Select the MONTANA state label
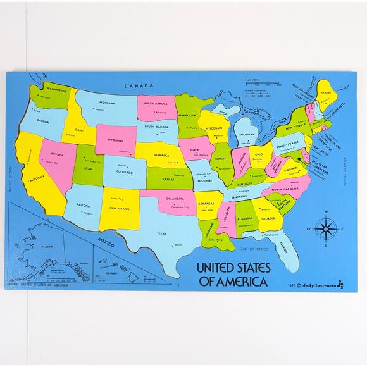coord(106,103)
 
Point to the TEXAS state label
coord(161,233)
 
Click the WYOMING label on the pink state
coord(115,140)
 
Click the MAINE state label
coord(326,93)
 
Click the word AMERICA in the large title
coord(242,282)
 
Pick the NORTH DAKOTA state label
coord(155,103)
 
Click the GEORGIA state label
coord(268,218)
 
